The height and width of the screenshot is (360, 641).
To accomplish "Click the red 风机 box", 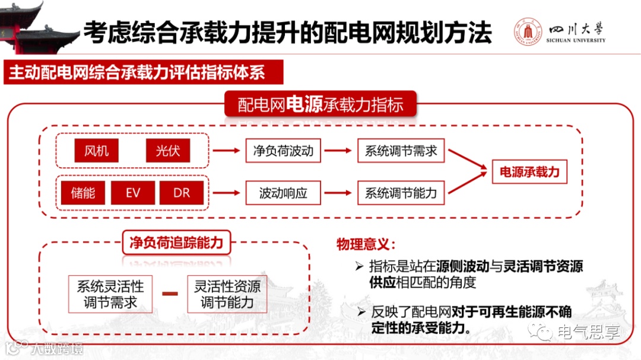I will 96,151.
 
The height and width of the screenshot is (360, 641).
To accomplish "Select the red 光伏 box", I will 168,151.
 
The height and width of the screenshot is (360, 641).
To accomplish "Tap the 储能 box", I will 82,193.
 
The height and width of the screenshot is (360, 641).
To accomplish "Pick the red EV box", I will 132,193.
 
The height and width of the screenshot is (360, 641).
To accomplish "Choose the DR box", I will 182,193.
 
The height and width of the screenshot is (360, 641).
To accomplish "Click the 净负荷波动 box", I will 283,151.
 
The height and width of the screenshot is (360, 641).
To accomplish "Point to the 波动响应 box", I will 283,193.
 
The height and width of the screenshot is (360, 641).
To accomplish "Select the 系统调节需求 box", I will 401,151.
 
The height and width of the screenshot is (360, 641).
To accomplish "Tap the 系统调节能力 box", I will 401,193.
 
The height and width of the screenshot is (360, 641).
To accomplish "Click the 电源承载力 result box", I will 529,172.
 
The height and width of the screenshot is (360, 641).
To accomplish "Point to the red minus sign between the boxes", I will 170,294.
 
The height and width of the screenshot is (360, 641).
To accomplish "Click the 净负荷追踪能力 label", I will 176,243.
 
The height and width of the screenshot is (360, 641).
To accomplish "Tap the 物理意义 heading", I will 365,244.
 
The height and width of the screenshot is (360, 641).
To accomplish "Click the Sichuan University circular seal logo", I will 528,33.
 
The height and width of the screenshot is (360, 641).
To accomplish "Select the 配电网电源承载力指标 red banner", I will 320,105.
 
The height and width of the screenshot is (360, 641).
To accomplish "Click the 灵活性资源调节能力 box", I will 227,294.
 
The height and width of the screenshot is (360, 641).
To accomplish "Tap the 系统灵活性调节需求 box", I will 110,294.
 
